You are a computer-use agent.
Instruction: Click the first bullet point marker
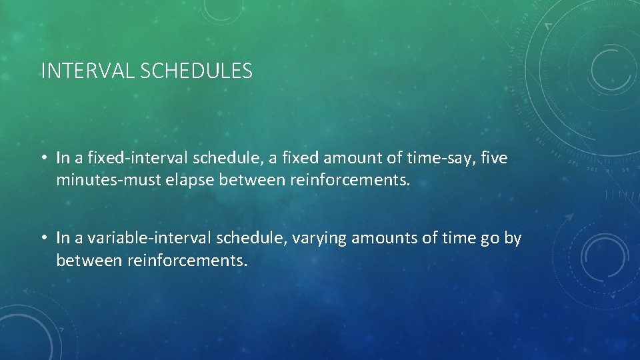(43, 159)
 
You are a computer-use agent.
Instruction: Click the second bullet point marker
(43, 238)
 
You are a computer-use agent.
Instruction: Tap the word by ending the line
(513, 238)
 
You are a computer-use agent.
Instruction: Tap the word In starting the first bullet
(63, 158)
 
